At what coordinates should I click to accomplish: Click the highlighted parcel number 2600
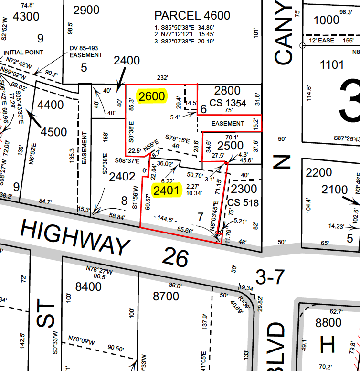[152, 96]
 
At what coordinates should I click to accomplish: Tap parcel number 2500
[230, 146]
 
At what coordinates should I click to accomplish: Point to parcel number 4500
[54, 131]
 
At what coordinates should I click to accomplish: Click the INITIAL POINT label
[23, 52]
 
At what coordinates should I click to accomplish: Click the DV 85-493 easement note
[86, 52]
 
